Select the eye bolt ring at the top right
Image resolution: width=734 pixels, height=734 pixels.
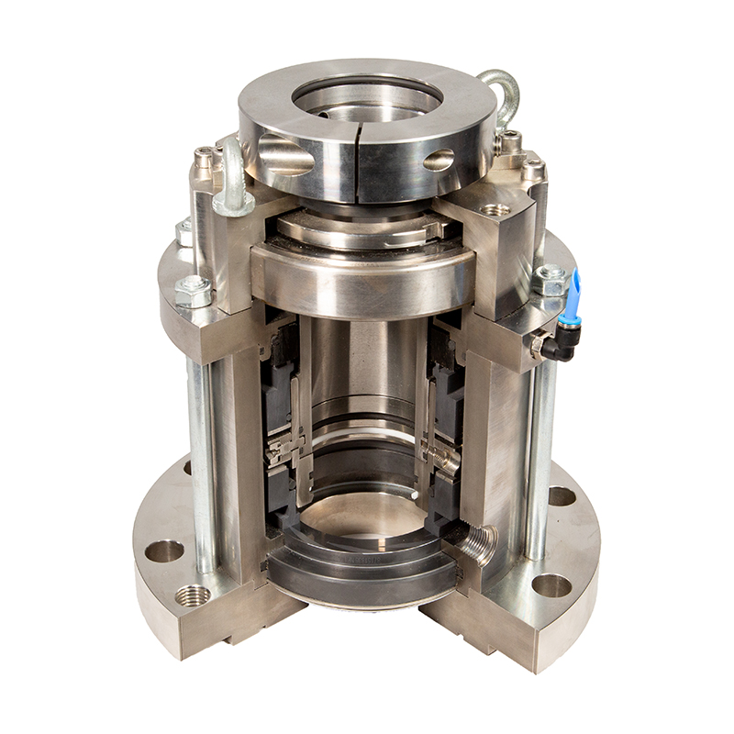point(500,92)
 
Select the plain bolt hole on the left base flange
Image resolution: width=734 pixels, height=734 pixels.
point(164,550)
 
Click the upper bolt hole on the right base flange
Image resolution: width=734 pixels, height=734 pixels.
point(562,496)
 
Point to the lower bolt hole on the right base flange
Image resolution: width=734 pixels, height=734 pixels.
point(552,584)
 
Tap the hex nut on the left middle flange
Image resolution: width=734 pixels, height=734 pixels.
point(194,291)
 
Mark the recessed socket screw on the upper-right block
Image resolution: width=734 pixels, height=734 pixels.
point(495,210)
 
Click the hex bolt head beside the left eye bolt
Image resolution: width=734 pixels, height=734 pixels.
point(204,162)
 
